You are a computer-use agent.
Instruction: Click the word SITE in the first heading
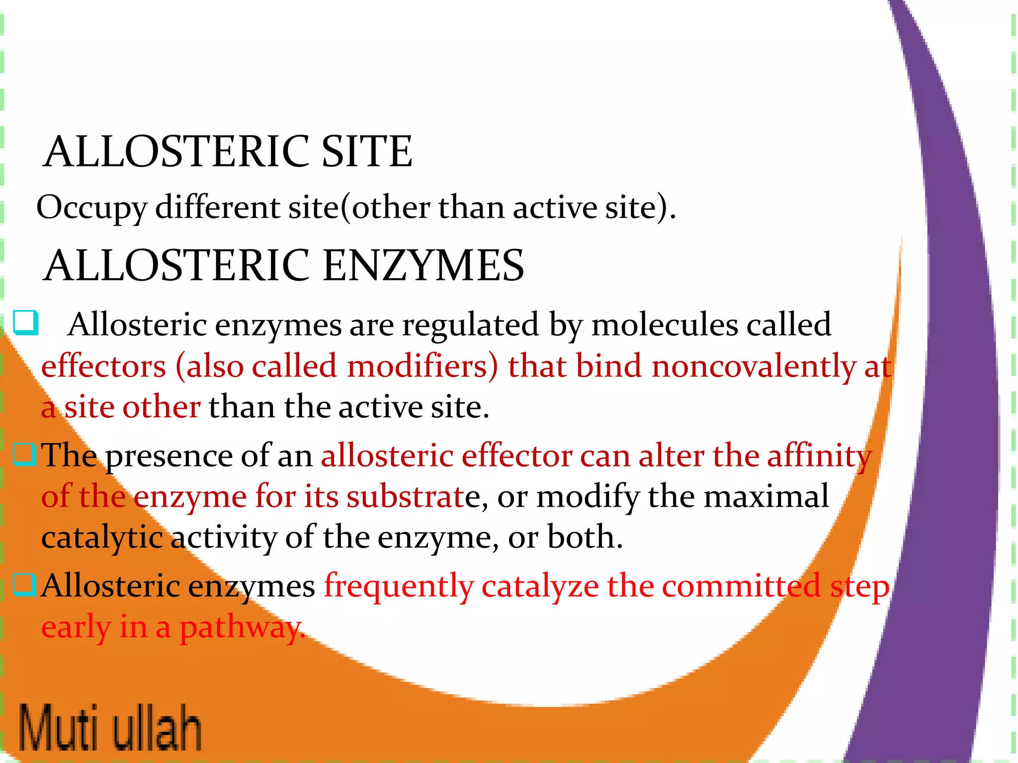coord(366,152)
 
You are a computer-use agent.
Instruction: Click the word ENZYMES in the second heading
coord(424,265)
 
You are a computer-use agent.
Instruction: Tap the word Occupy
coord(91,208)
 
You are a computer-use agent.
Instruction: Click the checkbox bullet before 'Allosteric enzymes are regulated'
coord(25,322)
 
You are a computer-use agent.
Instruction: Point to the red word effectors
coord(103,367)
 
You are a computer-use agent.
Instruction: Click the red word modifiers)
coord(422,367)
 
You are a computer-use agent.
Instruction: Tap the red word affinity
coord(819,456)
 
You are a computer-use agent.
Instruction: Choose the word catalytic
coord(102,538)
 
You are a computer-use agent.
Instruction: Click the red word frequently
coord(399,587)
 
